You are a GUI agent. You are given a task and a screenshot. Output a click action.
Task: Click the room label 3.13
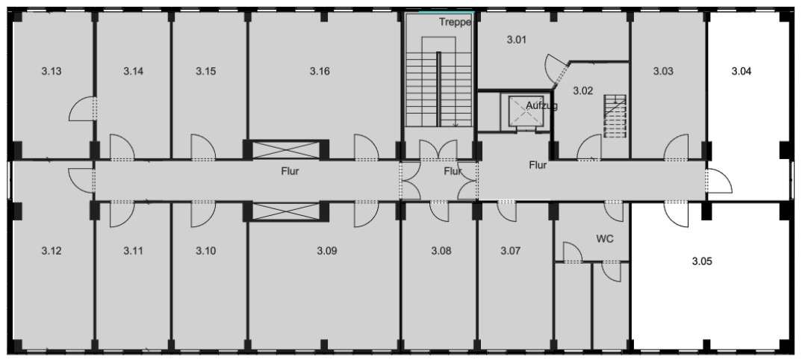pos(51,71)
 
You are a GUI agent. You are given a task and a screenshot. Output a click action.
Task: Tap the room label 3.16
pos(319,71)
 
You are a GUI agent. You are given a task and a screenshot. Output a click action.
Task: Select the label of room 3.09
pos(327,251)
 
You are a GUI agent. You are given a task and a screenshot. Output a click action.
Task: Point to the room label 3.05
pos(702,261)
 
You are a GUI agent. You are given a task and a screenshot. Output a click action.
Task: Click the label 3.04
pos(741,71)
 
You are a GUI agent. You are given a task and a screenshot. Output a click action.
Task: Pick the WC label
pos(605,239)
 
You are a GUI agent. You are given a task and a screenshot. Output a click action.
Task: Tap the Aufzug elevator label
pos(541,106)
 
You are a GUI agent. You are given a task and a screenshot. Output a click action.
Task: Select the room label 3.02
pos(582,92)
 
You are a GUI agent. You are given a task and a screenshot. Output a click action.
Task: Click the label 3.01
pos(517,40)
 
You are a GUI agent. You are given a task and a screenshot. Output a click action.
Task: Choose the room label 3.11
pos(133,251)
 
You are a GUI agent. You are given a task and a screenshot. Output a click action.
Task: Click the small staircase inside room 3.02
pos(615,116)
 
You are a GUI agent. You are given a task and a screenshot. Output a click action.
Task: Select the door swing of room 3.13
pos(82,109)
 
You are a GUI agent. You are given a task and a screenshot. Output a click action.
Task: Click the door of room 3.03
pos(677,147)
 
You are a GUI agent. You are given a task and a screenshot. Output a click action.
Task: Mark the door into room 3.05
pos(677,215)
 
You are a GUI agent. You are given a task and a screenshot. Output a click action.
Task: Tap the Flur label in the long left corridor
pos(290,172)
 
